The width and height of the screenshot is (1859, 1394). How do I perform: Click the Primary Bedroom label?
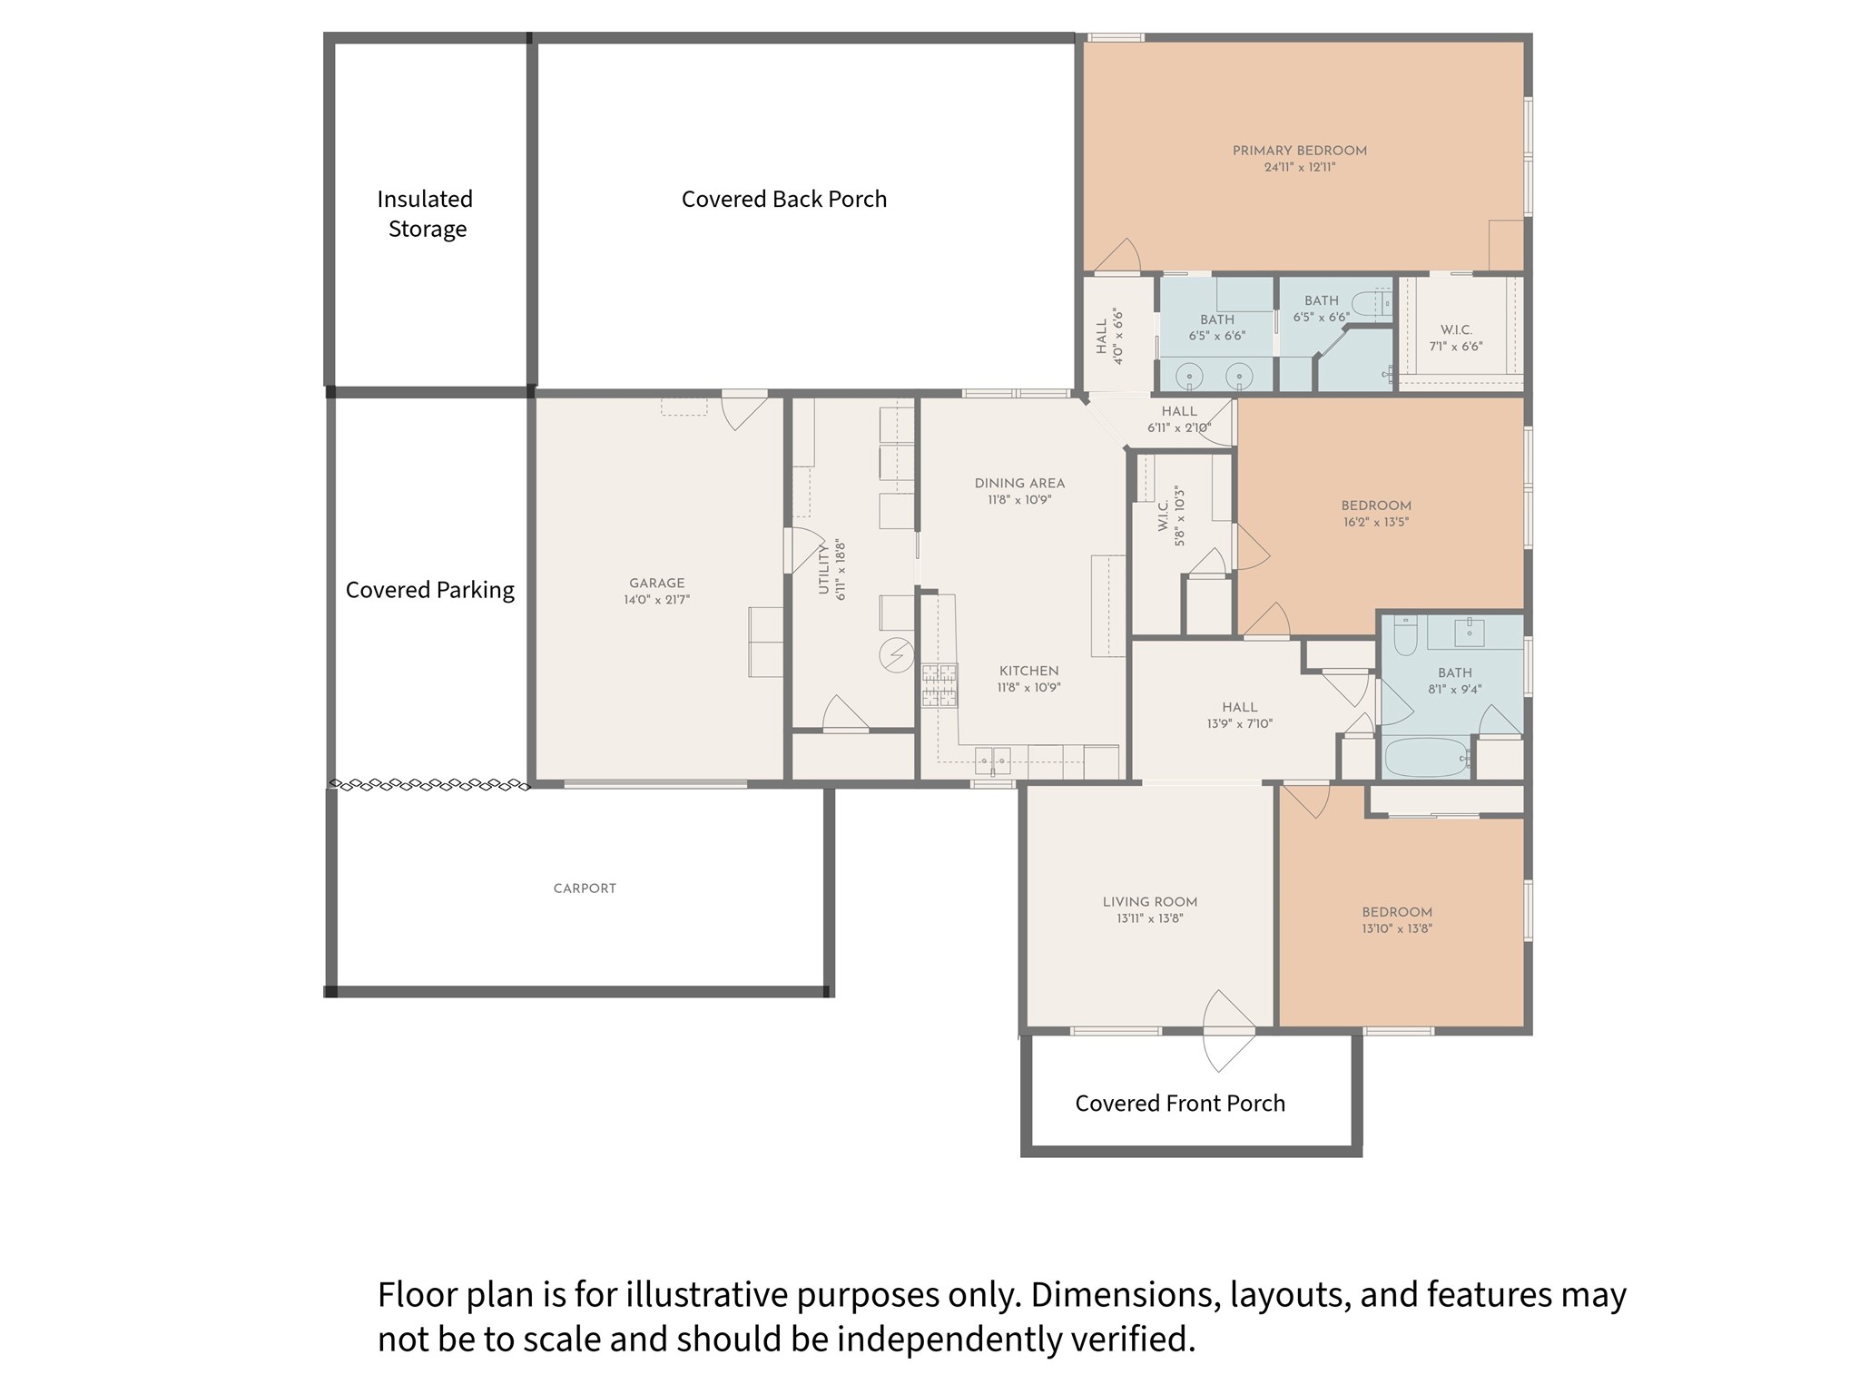(x=1299, y=151)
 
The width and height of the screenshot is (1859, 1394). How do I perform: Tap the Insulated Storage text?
(x=426, y=213)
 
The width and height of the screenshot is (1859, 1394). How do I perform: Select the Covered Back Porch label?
(x=784, y=199)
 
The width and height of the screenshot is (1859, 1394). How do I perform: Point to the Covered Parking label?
(x=429, y=590)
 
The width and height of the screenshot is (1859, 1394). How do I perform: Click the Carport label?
(x=585, y=888)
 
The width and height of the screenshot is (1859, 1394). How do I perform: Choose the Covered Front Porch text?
(x=1180, y=1103)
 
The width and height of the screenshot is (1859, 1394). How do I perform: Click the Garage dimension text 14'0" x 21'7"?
(x=656, y=600)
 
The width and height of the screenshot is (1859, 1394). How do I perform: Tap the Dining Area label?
(x=1019, y=483)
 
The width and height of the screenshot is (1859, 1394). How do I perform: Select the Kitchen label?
(x=1029, y=671)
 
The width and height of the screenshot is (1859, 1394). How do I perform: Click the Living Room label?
(x=1150, y=902)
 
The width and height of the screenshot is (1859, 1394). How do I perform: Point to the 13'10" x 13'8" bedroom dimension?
(x=1397, y=928)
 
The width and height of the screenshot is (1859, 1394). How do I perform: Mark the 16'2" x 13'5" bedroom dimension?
(x=1376, y=522)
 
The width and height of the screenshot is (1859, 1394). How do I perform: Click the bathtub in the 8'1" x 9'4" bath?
(x=1426, y=757)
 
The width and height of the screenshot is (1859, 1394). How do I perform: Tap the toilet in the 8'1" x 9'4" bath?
(x=1405, y=634)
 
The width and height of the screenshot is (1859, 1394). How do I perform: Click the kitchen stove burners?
(x=939, y=685)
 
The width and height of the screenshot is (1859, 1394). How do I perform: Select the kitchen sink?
(x=992, y=760)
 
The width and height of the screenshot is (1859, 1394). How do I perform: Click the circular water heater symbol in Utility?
(x=897, y=655)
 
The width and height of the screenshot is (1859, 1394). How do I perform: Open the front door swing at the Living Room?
(x=1228, y=1031)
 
